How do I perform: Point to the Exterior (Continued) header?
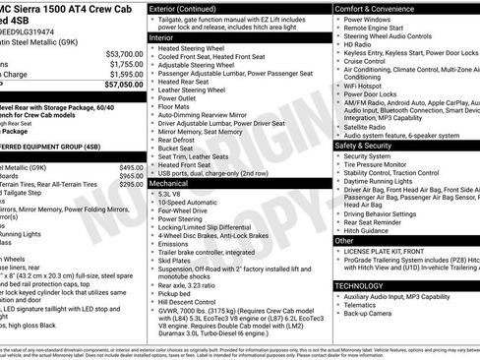(x=188, y=8)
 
